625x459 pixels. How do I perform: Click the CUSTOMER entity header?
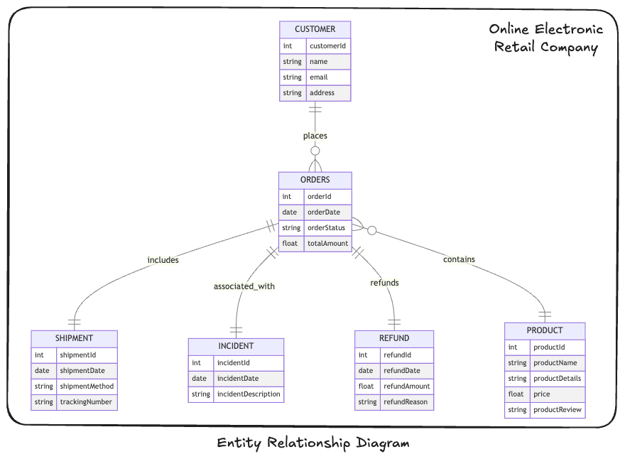[x=315, y=29]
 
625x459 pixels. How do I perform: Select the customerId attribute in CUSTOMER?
[x=327, y=46]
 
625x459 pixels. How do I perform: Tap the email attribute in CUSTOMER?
[x=318, y=77]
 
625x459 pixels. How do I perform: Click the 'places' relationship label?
[x=315, y=136]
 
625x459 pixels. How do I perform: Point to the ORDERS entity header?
[x=315, y=180]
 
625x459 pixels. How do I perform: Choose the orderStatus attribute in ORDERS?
[x=326, y=228]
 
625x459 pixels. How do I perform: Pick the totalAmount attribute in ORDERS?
[x=327, y=244]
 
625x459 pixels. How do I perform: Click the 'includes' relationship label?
[x=163, y=260]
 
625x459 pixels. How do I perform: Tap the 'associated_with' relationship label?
[x=244, y=286]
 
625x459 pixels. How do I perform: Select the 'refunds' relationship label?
[x=384, y=283]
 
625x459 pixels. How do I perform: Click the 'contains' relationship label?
[x=459, y=259]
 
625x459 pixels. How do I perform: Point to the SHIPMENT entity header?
[x=74, y=338]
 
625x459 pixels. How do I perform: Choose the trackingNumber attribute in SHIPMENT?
[x=85, y=402]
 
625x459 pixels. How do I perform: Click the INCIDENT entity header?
[x=236, y=346]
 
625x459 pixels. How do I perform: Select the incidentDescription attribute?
[x=249, y=394]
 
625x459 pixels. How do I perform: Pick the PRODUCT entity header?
[x=545, y=330]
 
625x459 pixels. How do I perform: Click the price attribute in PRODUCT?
[x=542, y=394]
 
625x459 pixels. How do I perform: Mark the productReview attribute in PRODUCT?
[x=557, y=409]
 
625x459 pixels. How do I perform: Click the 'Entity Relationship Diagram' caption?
[x=313, y=443]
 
